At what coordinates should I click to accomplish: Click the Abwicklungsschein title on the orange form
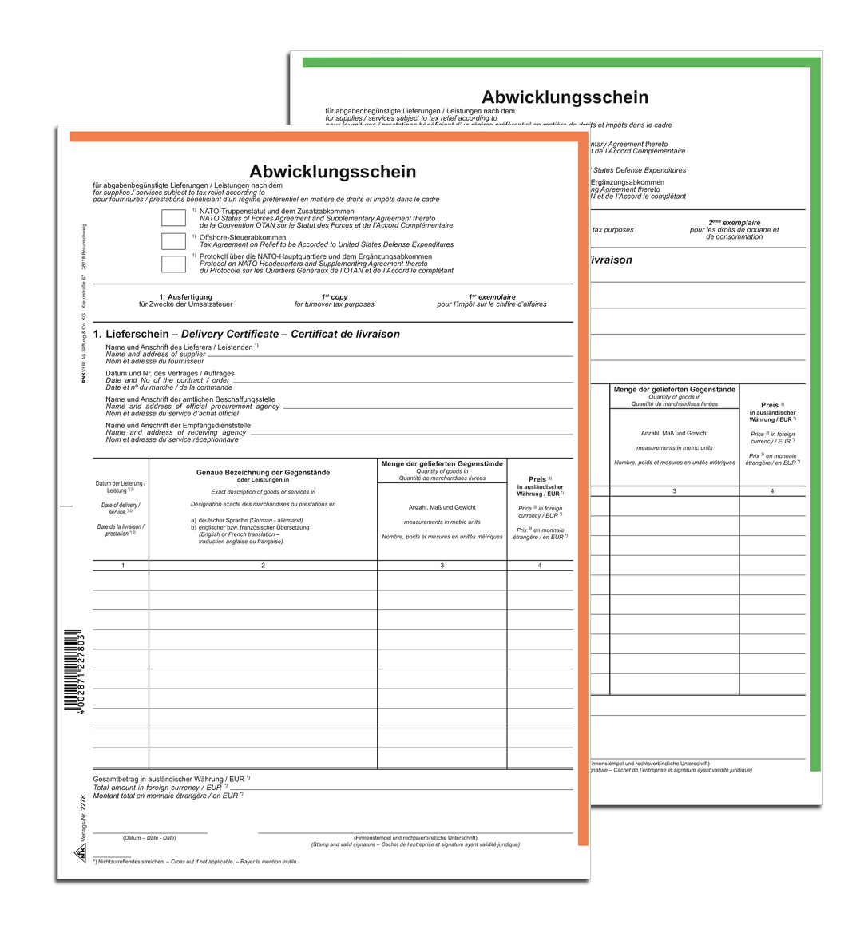point(332,172)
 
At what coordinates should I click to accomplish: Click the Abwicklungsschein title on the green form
point(565,97)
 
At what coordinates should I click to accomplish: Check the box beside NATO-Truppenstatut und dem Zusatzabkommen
point(173,217)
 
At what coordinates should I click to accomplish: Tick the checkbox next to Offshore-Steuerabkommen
point(173,240)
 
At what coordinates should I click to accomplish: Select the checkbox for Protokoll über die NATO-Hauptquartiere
point(173,264)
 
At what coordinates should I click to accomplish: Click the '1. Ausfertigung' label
point(185,297)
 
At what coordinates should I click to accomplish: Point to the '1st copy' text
point(334,297)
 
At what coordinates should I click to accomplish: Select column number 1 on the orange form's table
point(123,566)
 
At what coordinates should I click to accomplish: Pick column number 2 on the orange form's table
point(263,566)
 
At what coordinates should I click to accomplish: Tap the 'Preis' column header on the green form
point(771,405)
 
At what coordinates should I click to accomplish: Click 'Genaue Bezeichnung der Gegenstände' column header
point(263,472)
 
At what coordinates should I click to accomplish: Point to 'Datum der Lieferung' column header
point(120,484)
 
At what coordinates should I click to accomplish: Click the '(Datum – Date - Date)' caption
point(149,838)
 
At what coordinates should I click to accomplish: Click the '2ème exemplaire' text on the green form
point(734,223)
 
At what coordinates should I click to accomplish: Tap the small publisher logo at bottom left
point(81,856)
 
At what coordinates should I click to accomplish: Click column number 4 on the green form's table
point(771,491)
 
